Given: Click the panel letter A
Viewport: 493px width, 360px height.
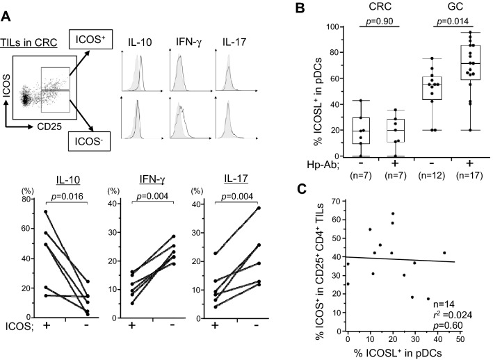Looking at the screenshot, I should click(7, 8).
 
